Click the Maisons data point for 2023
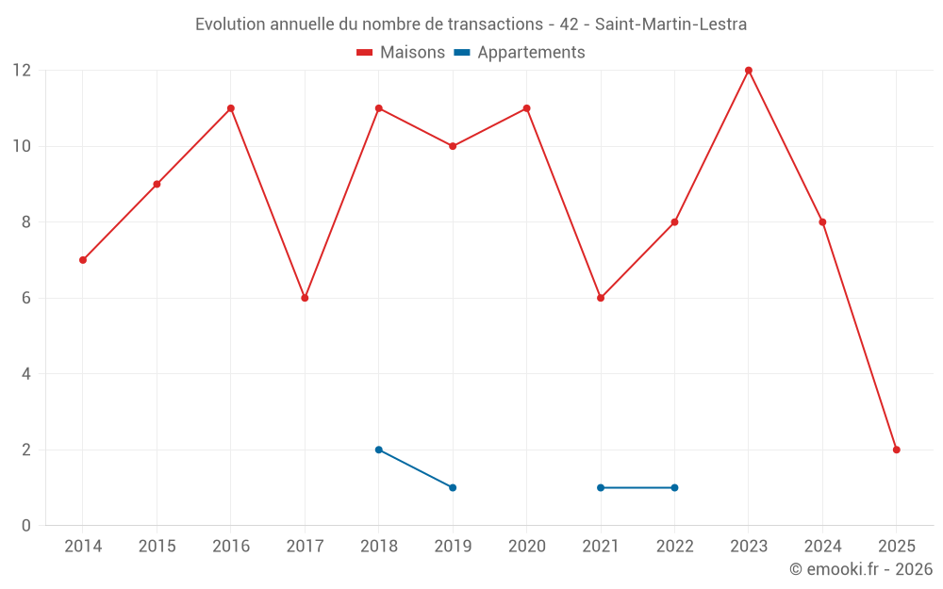pos(749,71)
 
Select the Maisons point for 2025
pos(897,450)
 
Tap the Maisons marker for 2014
pos(83,260)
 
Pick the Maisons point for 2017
pos(305,298)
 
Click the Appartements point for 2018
pos(379,450)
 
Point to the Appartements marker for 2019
pos(453,487)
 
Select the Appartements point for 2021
pos(601,487)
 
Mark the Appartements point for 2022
pos(674,487)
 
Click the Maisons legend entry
pos(401,53)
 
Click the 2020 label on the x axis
pos(526,547)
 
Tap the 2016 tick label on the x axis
pos(231,547)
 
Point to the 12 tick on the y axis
pos(22,71)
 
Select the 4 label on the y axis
pos(26,374)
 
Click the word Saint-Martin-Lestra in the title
pos(670,25)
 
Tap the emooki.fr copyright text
pos(861,569)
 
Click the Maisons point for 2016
pos(231,108)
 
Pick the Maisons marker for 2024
pos(822,222)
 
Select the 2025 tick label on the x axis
pos(897,547)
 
